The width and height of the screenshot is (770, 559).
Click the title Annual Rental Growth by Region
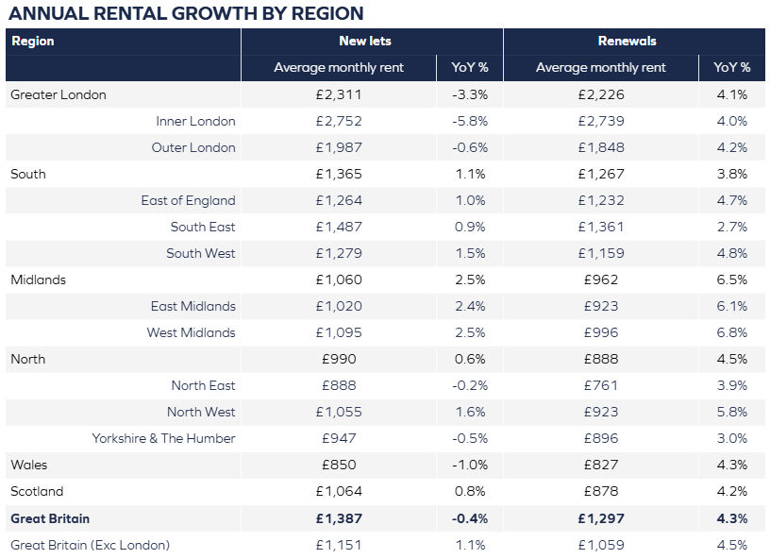pyautogui.click(x=186, y=13)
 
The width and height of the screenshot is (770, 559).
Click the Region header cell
pyautogui.click(x=33, y=42)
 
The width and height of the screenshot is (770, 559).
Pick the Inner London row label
pyautogui.click(x=195, y=121)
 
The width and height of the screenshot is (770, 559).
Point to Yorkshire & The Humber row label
pyautogui.click(x=163, y=438)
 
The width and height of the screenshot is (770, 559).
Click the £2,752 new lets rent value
pyautogui.click(x=339, y=121)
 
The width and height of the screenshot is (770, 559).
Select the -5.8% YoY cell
pyautogui.click(x=469, y=121)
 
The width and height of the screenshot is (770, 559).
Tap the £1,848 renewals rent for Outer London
pyautogui.click(x=601, y=147)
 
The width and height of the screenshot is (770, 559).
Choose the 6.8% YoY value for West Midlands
pyautogui.click(x=731, y=332)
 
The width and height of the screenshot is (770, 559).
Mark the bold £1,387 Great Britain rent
pyautogui.click(x=339, y=518)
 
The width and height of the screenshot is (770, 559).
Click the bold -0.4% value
pyautogui.click(x=469, y=518)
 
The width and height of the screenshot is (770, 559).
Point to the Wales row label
pyautogui.click(x=28, y=465)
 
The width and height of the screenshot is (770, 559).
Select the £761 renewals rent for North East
pyautogui.click(x=601, y=385)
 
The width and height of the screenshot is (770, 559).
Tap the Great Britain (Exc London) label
pyautogui.click(x=90, y=545)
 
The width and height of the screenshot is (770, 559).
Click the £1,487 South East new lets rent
pyautogui.click(x=339, y=227)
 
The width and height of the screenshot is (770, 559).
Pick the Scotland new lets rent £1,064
pyautogui.click(x=339, y=491)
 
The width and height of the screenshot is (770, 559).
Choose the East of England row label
pyautogui.click(x=188, y=200)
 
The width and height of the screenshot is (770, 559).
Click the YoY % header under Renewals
pyautogui.click(x=731, y=68)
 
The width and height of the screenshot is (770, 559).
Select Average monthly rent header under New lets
pyautogui.click(x=339, y=68)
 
